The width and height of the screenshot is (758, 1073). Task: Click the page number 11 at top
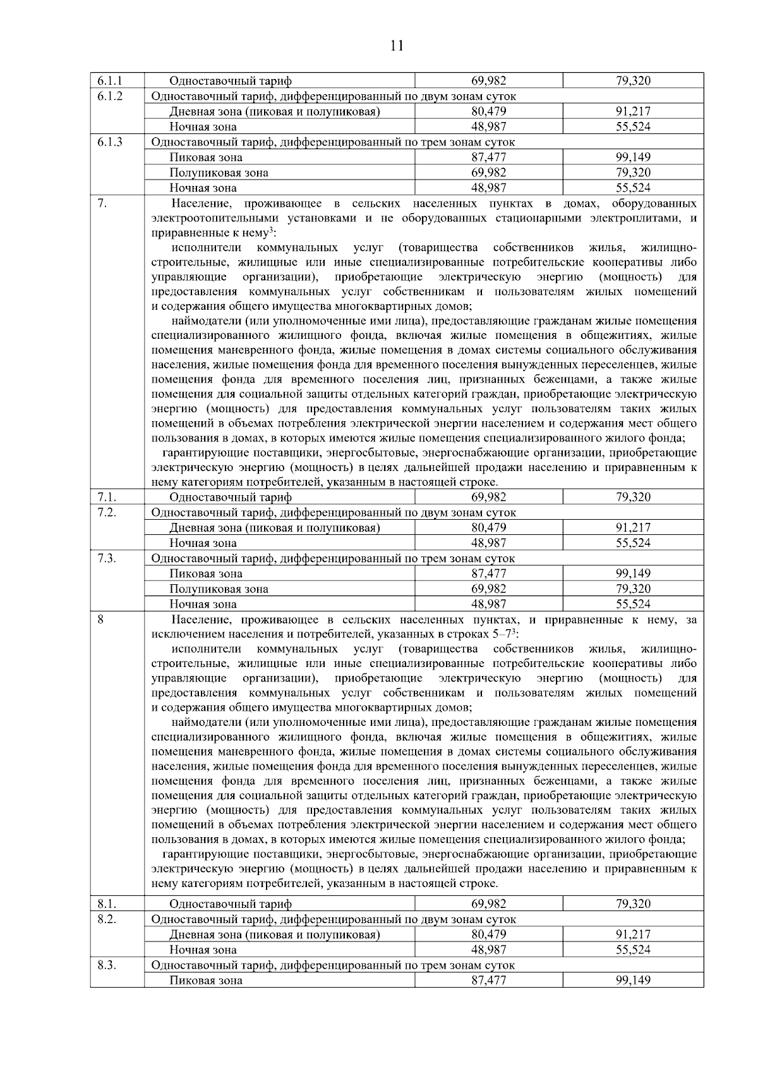click(x=397, y=46)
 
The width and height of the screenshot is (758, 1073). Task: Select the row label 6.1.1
click(x=110, y=81)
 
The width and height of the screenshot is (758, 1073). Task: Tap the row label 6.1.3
click(x=110, y=142)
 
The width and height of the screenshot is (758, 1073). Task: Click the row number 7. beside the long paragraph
click(x=102, y=204)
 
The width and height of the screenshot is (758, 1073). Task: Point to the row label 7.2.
click(x=107, y=512)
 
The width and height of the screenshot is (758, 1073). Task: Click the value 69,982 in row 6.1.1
click(x=488, y=81)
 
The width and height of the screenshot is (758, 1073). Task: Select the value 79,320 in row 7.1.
click(x=632, y=497)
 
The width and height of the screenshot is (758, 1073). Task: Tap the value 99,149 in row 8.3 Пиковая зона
click(x=632, y=981)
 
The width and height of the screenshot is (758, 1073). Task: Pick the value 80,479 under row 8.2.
click(x=488, y=935)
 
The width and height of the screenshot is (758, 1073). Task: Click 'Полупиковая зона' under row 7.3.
click(x=219, y=589)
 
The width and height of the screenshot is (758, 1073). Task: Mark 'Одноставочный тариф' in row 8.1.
click(x=230, y=904)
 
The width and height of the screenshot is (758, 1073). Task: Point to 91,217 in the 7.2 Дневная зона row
click(x=632, y=528)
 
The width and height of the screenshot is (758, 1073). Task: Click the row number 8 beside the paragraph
click(x=100, y=620)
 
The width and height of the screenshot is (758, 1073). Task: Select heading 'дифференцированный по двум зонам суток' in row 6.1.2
click(x=398, y=96)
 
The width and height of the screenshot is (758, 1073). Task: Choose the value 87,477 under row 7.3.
click(x=488, y=574)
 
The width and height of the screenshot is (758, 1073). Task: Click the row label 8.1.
click(x=107, y=904)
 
